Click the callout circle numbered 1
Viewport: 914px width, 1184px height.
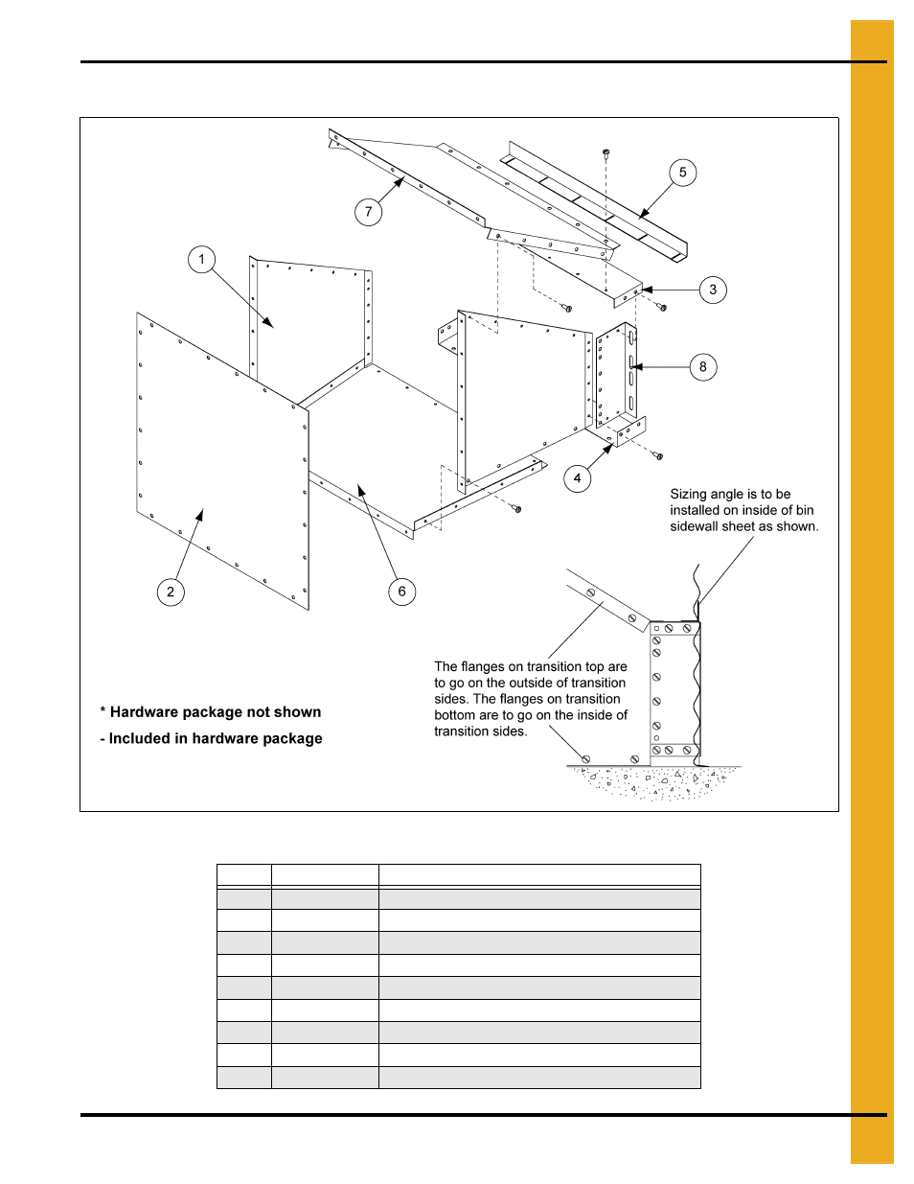(201, 259)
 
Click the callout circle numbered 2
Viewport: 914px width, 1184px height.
(171, 592)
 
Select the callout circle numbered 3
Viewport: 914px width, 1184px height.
(713, 290)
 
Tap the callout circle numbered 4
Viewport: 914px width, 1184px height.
(577, 478)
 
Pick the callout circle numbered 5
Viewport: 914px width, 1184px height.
(682, 173)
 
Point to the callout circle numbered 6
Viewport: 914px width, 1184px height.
(401, 592)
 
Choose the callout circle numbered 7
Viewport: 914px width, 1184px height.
(368, 212)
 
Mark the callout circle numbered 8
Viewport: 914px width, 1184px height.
(703, 367)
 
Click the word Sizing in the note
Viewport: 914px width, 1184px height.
(688, 494)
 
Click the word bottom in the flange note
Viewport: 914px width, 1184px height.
(455, 715)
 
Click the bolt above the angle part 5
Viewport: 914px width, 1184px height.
(606, 152)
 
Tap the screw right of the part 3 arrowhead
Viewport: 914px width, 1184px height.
(661, 308)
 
